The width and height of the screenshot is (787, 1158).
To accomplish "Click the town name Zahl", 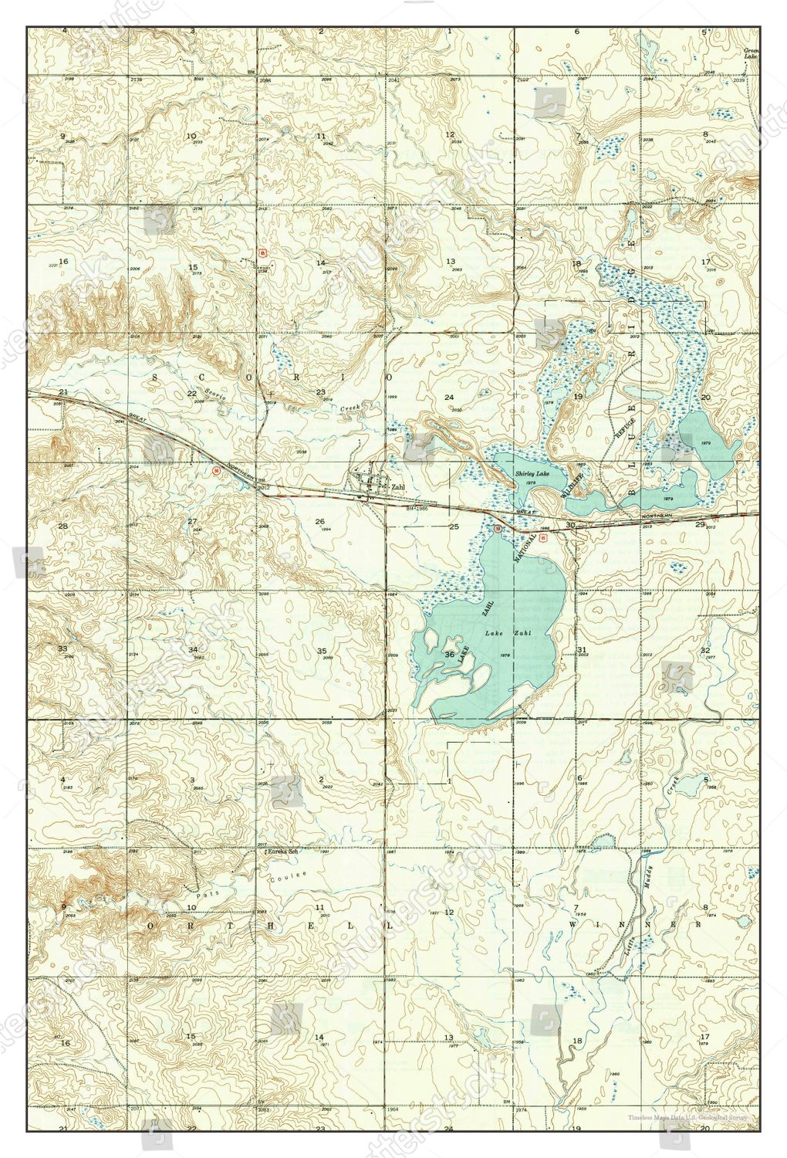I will [398, 487].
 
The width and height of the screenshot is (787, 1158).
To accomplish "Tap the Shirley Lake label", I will [531, 476].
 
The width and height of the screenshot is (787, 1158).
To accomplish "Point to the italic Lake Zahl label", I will [498, 633].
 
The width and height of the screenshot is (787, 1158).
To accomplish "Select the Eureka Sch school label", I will [282, 852].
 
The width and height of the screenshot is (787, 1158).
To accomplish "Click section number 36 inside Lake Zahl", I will [449, 655].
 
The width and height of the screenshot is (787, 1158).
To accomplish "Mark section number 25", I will [454, 527].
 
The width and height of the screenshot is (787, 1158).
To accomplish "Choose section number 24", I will [449, 396].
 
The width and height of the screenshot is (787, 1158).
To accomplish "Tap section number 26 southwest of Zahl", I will [319, 522].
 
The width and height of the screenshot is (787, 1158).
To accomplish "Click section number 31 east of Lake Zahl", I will [581, 651].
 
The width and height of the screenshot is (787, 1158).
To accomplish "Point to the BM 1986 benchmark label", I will [417, 510].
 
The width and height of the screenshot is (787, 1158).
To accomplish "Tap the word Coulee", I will [289, 878].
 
